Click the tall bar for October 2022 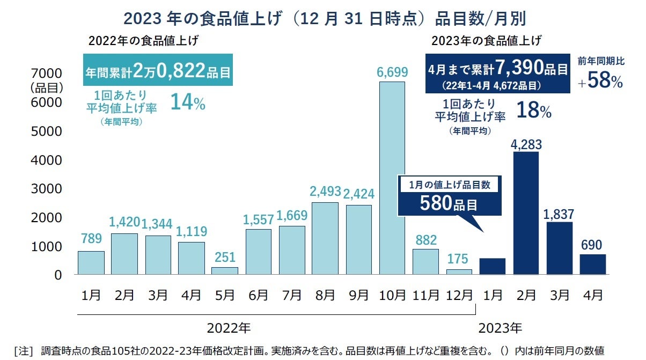coord(392,178)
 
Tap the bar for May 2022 coord(224,270)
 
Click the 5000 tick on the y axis coord(48,131)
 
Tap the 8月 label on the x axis coord(326,295)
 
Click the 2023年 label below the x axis coord(500,327)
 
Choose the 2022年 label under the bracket coord(229,327)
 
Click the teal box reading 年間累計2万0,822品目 coord(158,69)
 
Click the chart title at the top coord(324,18)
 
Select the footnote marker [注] coord(23,351)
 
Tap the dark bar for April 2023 coord(592,264)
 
